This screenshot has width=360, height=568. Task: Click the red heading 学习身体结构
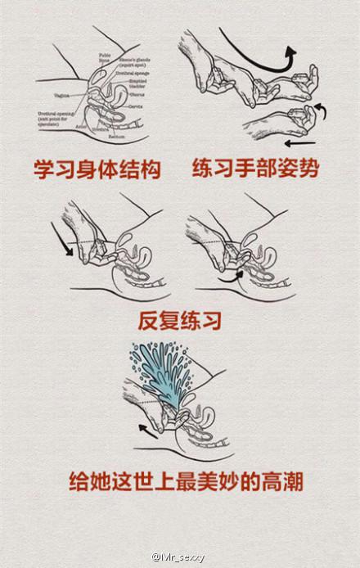pos(97,170)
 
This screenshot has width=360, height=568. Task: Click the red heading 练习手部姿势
pos(255,169)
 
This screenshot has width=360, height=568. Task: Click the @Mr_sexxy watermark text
pos(178,557)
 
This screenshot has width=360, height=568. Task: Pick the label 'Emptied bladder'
pos(142,85)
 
